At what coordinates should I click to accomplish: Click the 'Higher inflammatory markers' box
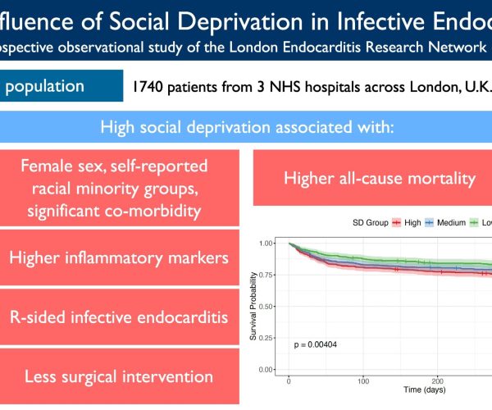[119, 257]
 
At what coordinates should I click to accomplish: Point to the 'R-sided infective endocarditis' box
[119, 317]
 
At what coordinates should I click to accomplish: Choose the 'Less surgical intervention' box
[119, 376]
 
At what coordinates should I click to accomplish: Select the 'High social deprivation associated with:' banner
[246, 127]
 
